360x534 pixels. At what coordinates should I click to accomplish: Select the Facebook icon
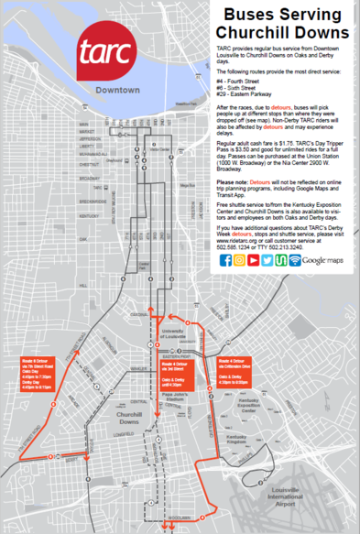225,260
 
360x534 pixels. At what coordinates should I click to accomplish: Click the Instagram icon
240,260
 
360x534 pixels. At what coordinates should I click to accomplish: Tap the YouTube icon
254,260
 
